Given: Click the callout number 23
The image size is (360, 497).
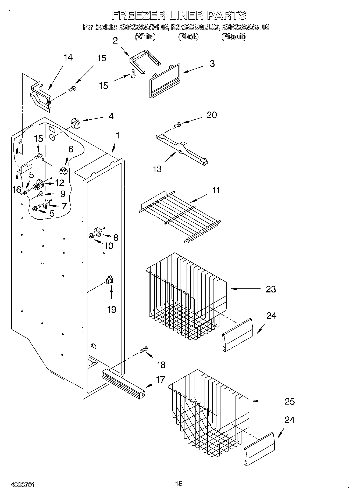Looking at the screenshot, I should coord(271,289).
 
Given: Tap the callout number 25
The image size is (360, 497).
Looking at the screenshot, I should coord(290,401).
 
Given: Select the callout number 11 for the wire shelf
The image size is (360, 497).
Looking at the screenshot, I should coord(216,190).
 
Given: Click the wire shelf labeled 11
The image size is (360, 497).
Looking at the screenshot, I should coord(180,215).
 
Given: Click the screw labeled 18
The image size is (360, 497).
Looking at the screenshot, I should coord(144,349).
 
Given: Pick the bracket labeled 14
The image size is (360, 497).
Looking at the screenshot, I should coord(40,97).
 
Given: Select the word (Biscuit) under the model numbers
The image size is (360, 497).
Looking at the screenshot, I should coord(233,37).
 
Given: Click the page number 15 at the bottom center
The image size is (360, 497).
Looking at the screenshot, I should coord(179,484).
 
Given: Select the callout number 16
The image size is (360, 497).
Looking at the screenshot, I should coord(16,189).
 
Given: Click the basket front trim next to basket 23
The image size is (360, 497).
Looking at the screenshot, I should coord(238,335).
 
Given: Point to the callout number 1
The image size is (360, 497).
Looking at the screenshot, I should coord(117,135).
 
